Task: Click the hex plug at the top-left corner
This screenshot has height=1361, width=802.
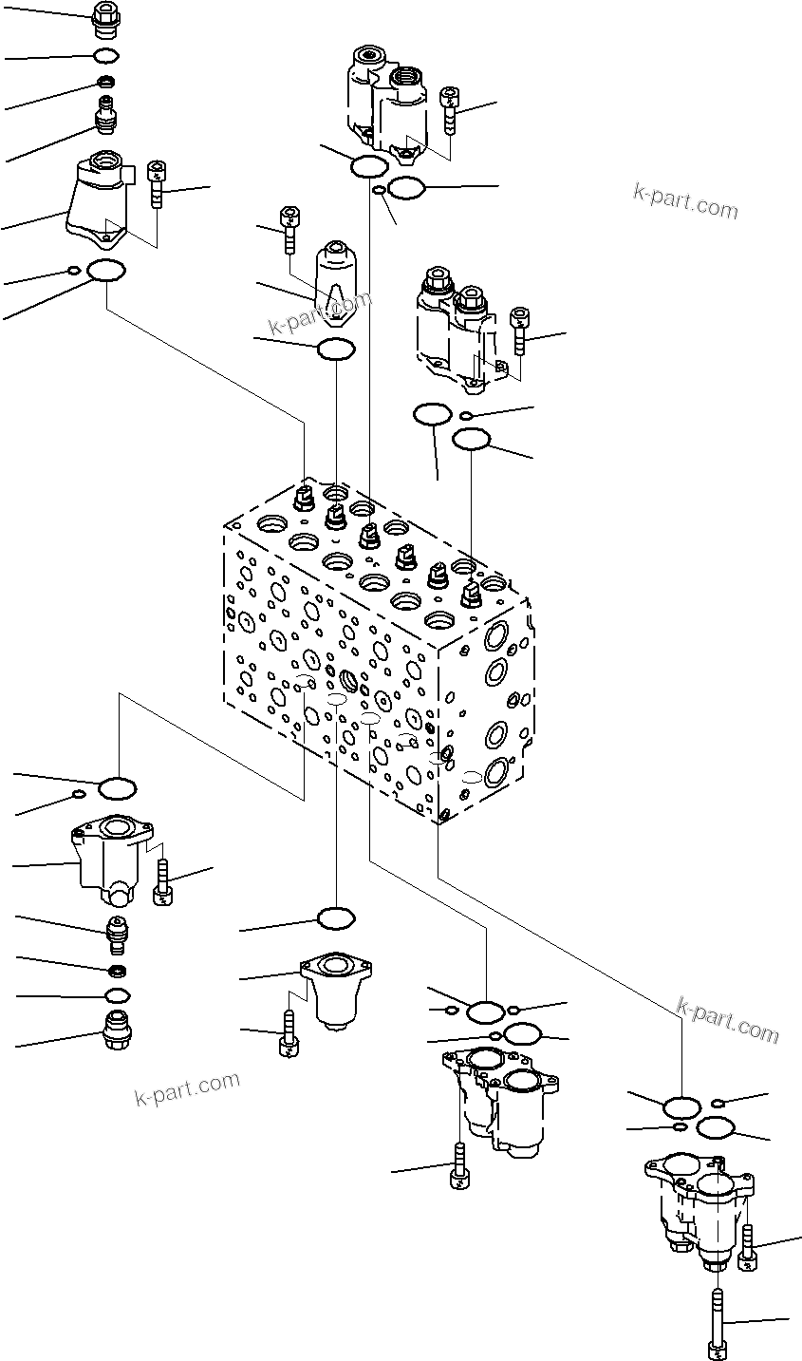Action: pyautogui.click(x=106, y=16)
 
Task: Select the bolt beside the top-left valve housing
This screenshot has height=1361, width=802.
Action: pyautogui.click(x=157, y=184)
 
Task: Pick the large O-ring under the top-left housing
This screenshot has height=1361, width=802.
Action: pyautogui.click(x=106, y=272)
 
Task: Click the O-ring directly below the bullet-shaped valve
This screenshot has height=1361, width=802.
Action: pyautogui.click(x=336, y=350)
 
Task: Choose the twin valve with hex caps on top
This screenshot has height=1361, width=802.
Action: pyautogui.click(x=455, y=327)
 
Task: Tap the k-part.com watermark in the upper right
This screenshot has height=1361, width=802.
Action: pyautogui.click(x=684, y=201)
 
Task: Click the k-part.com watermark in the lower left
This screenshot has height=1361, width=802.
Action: pyautogui.click(x=187, y=1089)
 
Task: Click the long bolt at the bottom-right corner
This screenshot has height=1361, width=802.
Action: pyautogui.click(x=720, y=1321)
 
